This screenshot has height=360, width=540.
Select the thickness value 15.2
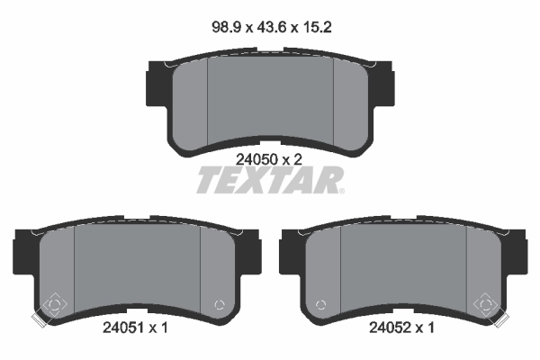(317, 27)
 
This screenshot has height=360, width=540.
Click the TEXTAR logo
(270, 180)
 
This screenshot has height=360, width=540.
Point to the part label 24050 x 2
(268, 159)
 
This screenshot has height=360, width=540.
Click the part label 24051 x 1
(135, 328)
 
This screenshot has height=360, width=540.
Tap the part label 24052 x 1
(401, 328)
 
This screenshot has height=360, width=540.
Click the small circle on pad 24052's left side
(321, 305)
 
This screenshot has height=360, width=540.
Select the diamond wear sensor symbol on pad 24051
(54, 304)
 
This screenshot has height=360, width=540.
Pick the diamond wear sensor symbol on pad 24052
(486, 304)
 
